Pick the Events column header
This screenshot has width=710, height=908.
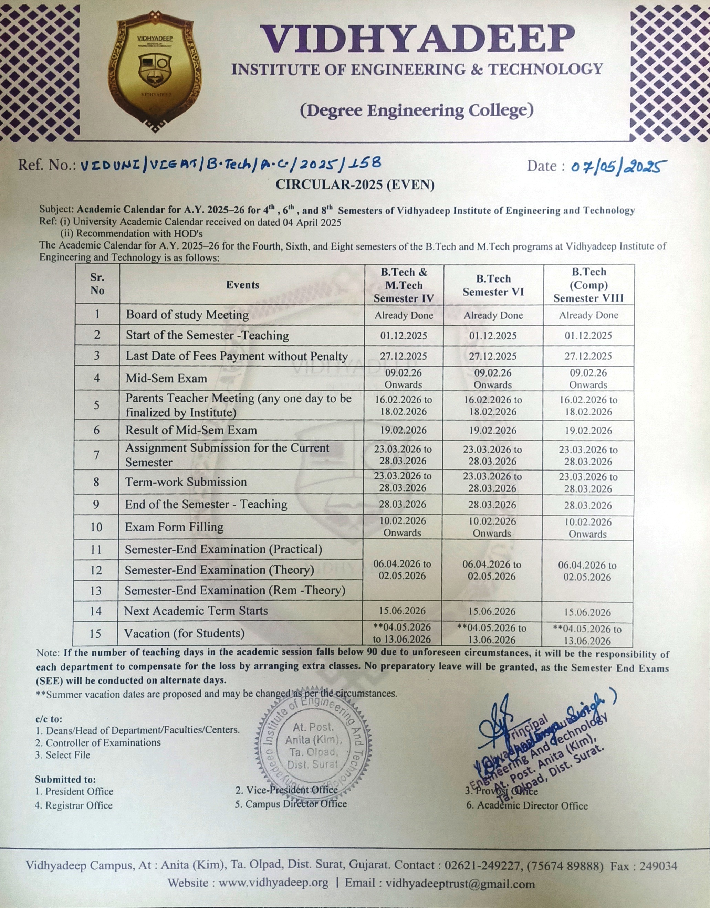242,285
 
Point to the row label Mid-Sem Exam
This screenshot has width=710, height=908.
166,378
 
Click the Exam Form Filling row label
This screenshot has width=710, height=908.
174,527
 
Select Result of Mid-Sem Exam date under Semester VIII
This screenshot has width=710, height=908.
588,431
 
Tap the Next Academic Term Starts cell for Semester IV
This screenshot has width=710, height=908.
402,611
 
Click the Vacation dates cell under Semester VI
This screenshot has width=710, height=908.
492,634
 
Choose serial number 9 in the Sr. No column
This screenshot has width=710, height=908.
96,505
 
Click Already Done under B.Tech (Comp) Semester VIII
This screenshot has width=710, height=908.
588,315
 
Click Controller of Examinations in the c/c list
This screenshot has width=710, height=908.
103,742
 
